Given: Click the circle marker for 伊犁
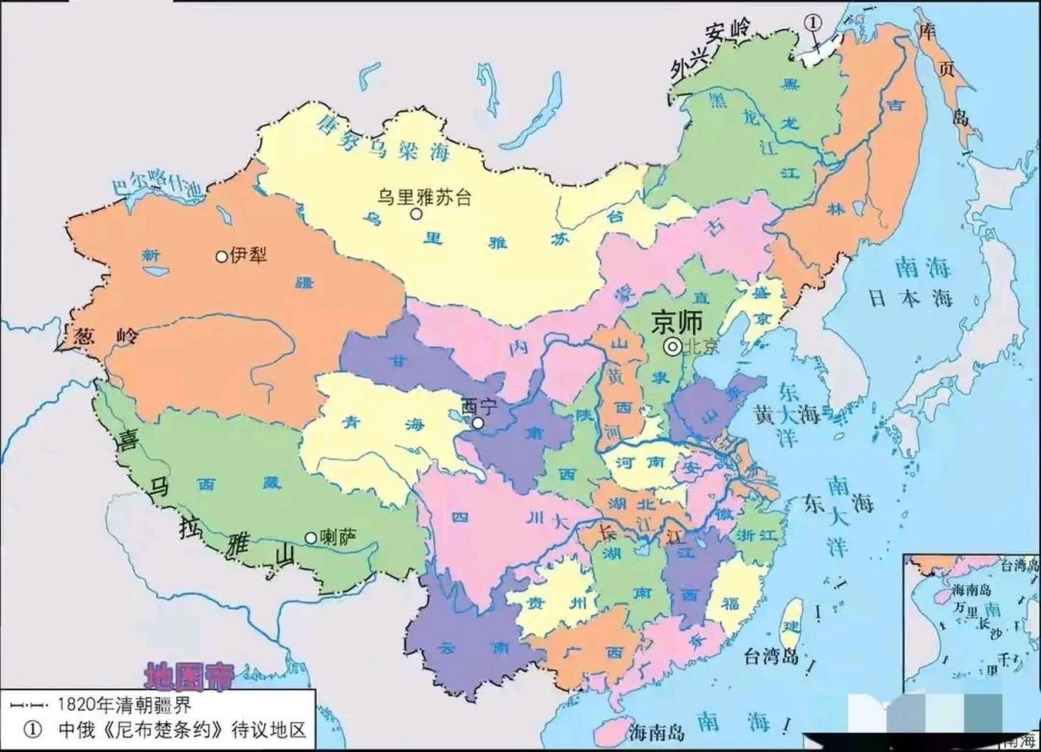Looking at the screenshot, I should pos(221,256).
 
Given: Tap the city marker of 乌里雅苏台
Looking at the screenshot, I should pos(416,214).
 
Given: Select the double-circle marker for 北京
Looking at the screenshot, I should pos(672,347).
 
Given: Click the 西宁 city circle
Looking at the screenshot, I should pos(479,423).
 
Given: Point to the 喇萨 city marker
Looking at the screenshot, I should pos(310,538).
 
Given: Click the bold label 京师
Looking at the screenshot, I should pos(677,322).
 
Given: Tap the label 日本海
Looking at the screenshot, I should pos(910,298).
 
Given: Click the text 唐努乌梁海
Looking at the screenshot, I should pos(382,139).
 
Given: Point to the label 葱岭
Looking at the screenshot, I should pos(106,337).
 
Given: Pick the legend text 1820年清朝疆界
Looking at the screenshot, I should pos(124,703).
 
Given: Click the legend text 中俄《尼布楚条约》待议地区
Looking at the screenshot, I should pos(182,730).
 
